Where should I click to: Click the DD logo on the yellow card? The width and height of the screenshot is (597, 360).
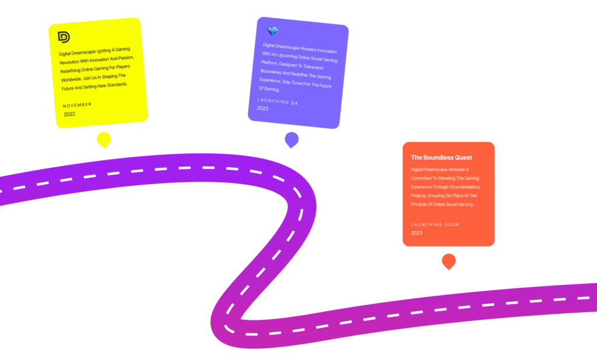[x=64, y=37]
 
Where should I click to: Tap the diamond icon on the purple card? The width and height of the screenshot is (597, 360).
[x=272, y=31]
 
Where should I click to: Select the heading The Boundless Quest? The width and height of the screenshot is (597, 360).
[x=441, y=157]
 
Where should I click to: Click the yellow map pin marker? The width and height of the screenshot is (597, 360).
[x=104, y=140]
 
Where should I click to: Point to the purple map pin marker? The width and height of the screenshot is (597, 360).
[x=292, y=140]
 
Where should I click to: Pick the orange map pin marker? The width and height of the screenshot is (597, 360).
[x=448, y=261]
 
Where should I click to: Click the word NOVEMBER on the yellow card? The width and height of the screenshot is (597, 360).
[x=78, y=105]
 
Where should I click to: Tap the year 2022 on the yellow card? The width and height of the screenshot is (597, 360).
[x=69, y=115]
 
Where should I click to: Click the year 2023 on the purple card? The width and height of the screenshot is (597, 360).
[x=262, y=108]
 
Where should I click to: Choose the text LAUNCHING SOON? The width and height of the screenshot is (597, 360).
[x=435, y=224]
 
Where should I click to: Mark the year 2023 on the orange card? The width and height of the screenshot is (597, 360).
[x=416, y=233]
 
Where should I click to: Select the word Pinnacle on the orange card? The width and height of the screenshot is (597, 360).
[x=423, y=204]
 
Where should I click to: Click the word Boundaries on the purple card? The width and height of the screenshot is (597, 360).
[x=273, y=72]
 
